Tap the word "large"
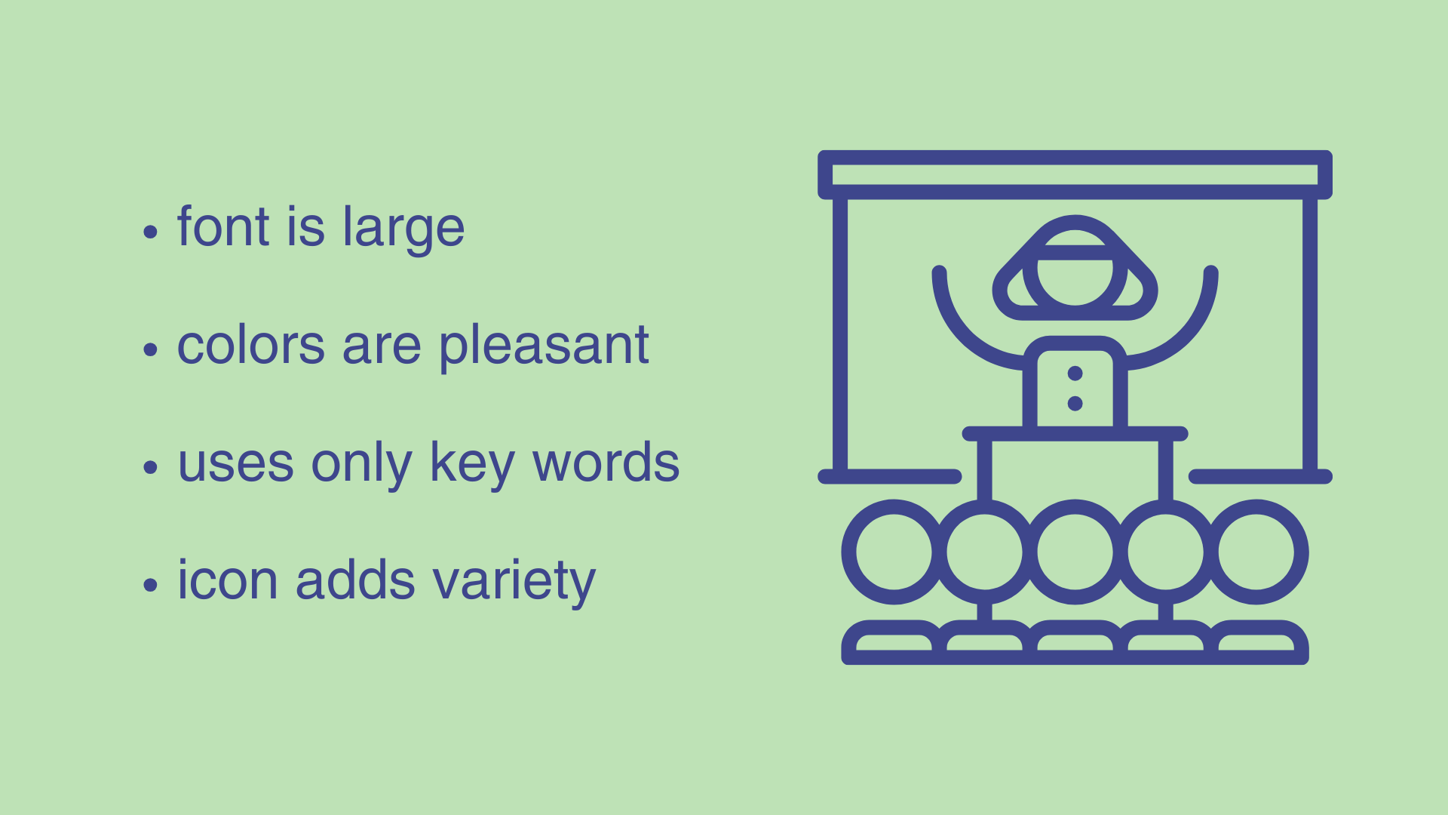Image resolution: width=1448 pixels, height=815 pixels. tap(403, 229)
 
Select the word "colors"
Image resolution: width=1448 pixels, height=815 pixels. tap(251, 346)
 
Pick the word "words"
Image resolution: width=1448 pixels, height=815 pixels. tap(606, 463)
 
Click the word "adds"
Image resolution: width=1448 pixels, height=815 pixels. tap(355, 580)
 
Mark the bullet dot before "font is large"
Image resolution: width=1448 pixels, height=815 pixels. tap(150, 232)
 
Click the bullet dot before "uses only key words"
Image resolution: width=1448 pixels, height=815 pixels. tap(150, 467)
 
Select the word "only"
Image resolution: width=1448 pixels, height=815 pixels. tap(361, 464)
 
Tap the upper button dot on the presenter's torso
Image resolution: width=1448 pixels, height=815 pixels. tap(1075, 374)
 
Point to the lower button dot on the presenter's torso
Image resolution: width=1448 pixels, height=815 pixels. tap(1075, 404)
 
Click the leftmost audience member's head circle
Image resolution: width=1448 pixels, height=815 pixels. tap(894, 552)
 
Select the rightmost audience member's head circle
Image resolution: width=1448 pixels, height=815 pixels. tap(1256, 552)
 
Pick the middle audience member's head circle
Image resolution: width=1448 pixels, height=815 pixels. tap(1075, 552)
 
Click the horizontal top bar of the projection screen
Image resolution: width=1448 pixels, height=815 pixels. tap(1075, 174)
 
